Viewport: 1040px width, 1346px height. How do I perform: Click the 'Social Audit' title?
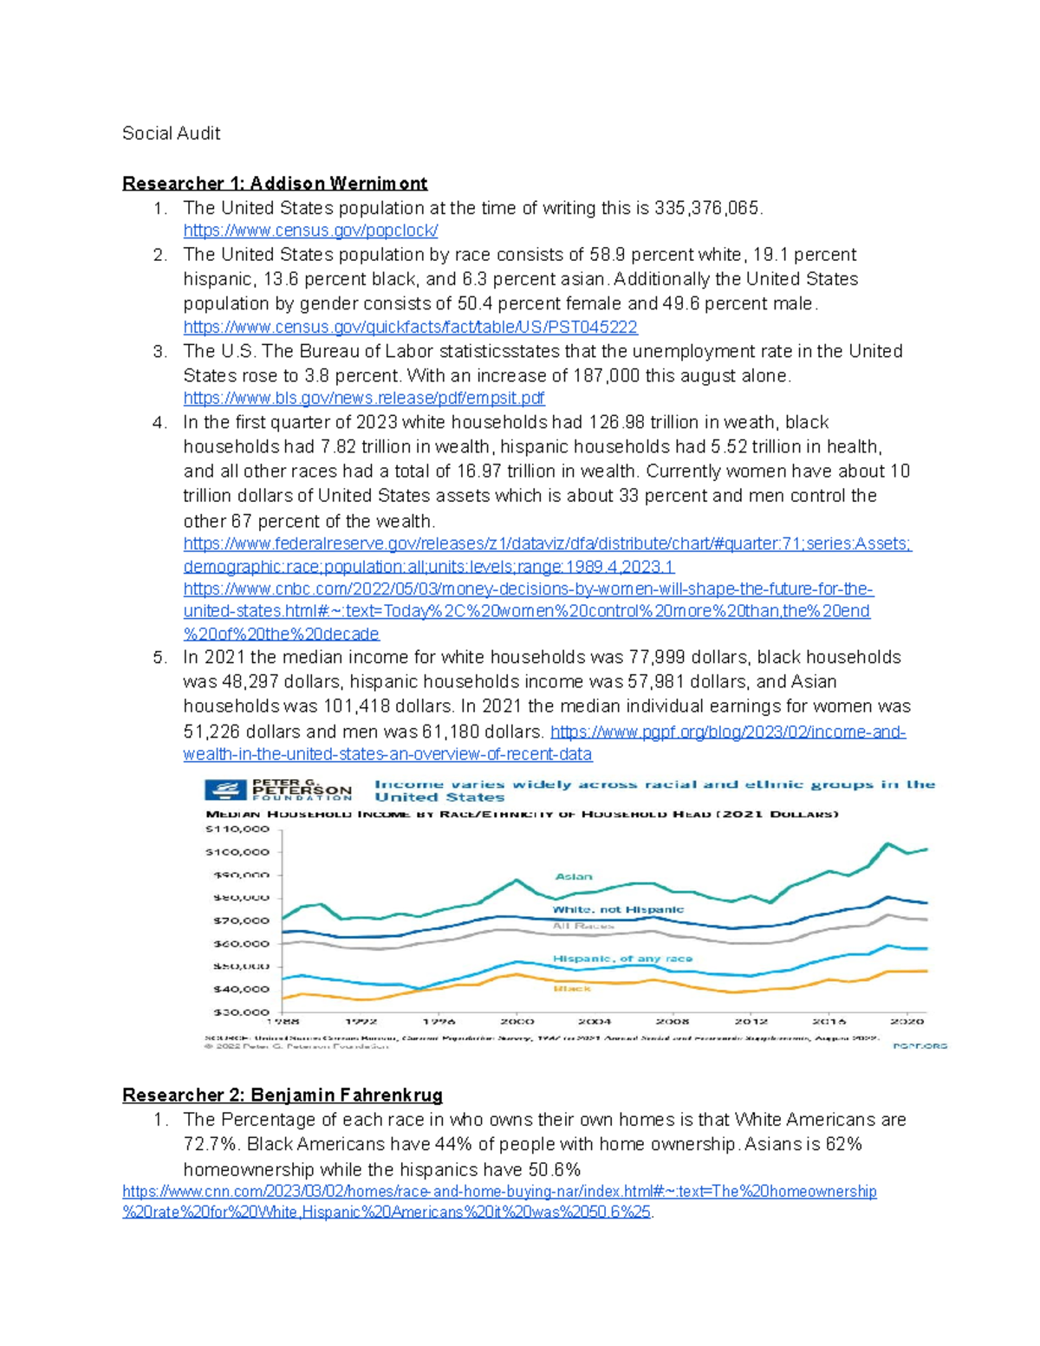point(171,133)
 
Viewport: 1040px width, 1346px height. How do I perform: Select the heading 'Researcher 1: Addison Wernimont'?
point(275,184)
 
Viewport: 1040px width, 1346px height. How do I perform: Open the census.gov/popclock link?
point(310,231)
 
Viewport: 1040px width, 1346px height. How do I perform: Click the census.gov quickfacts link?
point(410,328)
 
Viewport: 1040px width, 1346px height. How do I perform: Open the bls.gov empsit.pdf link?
point(364,399)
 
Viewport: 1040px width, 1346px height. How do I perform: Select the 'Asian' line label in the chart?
point(574,877)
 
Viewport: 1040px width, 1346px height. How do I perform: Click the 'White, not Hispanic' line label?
point(618,910)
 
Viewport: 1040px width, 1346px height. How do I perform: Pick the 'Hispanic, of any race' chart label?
point(622,959)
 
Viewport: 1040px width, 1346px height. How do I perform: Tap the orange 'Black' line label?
point(572,989)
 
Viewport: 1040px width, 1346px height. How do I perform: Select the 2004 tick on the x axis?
point(595,1022)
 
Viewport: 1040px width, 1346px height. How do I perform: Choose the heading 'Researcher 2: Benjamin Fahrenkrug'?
point(283,1096)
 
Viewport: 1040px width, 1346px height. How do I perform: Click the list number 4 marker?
point(159,423)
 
